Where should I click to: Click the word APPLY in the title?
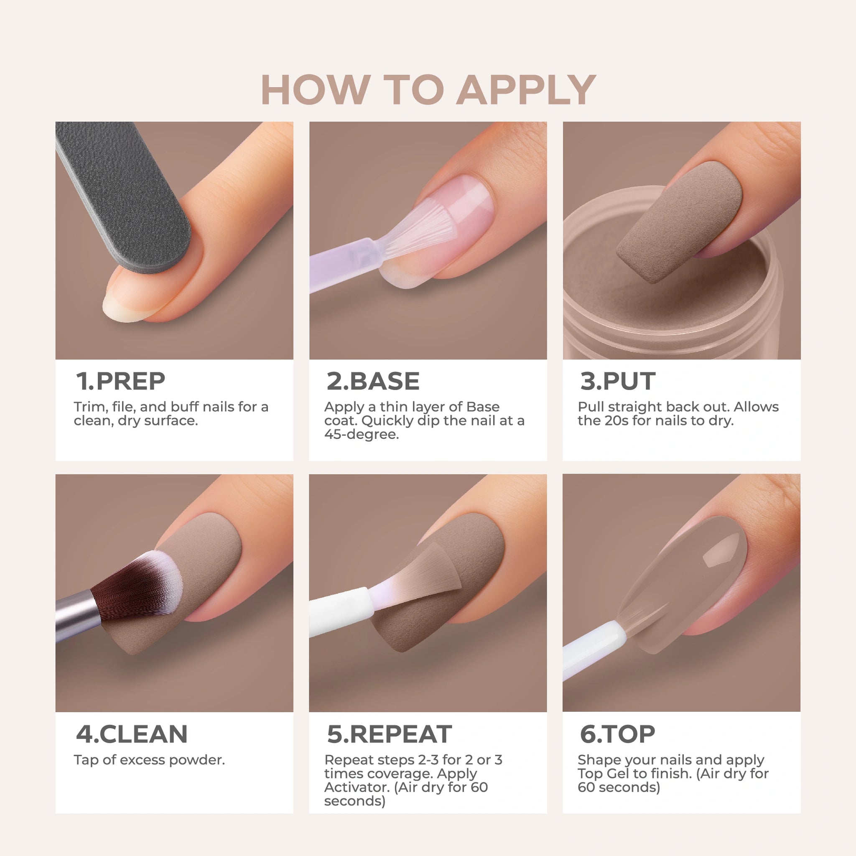click(x=526, y=90)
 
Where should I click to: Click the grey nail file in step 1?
click(x=124, y=195)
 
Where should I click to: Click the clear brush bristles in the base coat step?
click(x=416, y=230)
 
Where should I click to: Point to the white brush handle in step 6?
click(x=594, y=649)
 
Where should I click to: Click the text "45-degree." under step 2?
click(x=362, y=435)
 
